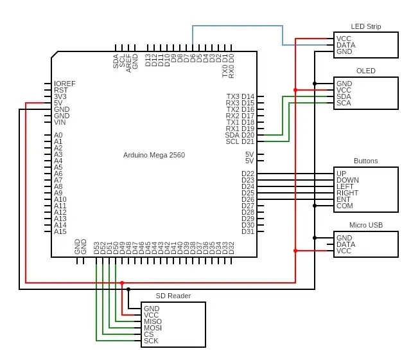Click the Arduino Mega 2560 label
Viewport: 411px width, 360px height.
pyautogui.click(x=154, y=155)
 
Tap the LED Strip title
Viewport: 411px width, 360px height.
pyautogui.click(x=366, y=26)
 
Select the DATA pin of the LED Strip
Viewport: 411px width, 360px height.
pyautogui.click(x=346, y=45)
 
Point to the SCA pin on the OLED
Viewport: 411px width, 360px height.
pyautogui.click(x=344, y=103)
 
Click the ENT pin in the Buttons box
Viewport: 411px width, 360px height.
pyautogui.click(x=344, y=199)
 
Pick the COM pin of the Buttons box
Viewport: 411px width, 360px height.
pyautogui.click(x=345, y=206)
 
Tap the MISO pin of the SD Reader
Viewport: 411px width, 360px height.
pyautogui.click(x=153, y=321)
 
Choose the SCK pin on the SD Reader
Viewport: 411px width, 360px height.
pyautogui.click(x=151, y=341)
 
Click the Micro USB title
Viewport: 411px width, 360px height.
pyautogui.click(x=366, y=225)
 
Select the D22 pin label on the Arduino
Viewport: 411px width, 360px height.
pyautogui.click(x=248, y=174)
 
